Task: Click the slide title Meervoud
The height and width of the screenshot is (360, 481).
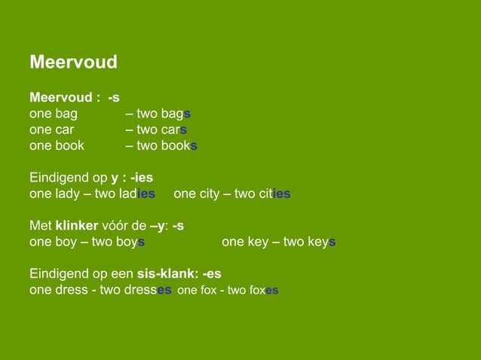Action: (73, 62)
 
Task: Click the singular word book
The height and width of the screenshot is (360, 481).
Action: (69, 145)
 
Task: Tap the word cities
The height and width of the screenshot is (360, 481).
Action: (274, 194)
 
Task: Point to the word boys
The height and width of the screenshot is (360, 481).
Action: (128, 242)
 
